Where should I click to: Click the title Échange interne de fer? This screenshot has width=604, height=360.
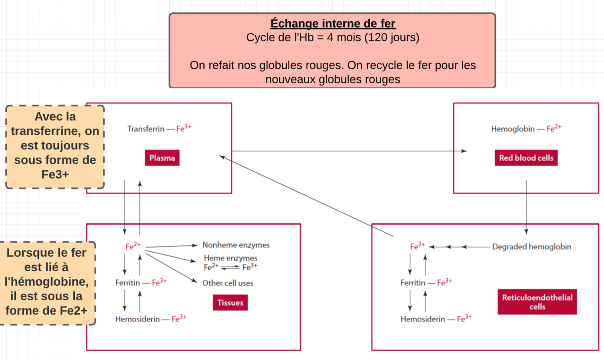coord(333,23)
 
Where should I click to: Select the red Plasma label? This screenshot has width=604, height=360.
coord(162,158)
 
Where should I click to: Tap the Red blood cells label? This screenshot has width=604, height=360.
coord(526,158)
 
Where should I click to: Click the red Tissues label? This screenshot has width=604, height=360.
coord(230,303)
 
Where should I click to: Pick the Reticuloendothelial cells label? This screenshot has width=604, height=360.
coord(537,302)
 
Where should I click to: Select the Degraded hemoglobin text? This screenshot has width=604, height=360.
coord(532,247)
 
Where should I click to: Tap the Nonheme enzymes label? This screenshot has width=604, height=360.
coord(236,245)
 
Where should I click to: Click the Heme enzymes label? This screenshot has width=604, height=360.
coord(230,258)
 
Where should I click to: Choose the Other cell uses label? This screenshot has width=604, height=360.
coord(228,283)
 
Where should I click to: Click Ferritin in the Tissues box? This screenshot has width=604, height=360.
coord(127,283)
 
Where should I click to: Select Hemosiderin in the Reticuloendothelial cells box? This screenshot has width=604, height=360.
coord(422,319)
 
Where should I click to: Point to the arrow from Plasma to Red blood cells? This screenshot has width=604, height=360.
coord(349,151)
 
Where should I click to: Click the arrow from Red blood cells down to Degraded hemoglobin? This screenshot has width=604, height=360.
coord(526,206)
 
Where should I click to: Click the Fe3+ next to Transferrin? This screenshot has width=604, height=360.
coord(183,129)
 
